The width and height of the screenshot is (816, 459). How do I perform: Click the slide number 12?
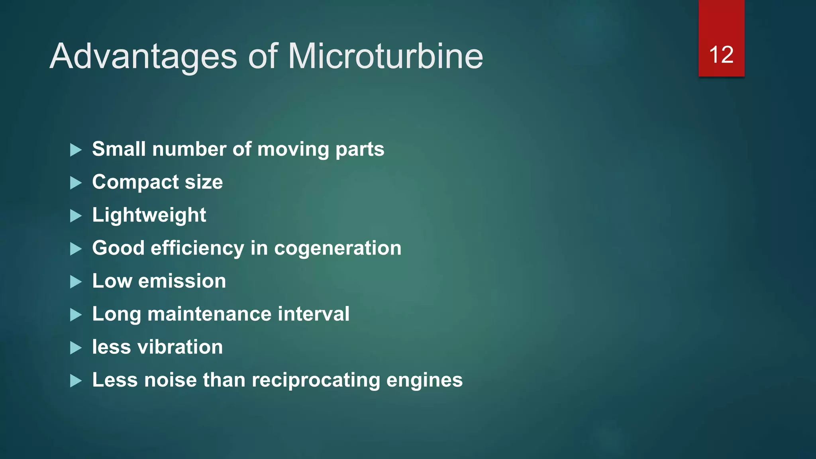coord(721,55)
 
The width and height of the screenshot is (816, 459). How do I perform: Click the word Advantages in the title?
coord(143,57)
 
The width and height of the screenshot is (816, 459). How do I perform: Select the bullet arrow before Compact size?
coord(76,183)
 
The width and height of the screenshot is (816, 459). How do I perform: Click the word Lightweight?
coord(149,216)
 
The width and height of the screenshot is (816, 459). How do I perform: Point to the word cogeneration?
coord(337,248)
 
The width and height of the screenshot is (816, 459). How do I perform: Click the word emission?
coord(182,281)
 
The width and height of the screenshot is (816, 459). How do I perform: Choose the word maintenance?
coord(210,314)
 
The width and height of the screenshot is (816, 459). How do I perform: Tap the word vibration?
coord(180,347)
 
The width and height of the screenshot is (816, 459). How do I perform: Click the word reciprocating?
coord(316,380)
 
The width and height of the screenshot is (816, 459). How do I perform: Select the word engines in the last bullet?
coord(424,380)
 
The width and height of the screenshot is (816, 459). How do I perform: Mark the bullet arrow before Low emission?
coord(76,282)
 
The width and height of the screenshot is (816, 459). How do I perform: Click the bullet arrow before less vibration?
coord(76,348)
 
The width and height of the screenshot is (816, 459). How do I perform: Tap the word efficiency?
coord(197,248)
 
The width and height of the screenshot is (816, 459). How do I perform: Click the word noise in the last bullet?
coord(171,380)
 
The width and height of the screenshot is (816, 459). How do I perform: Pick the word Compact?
coord(135,182)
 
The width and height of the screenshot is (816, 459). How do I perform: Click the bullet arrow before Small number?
coord(76,150)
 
